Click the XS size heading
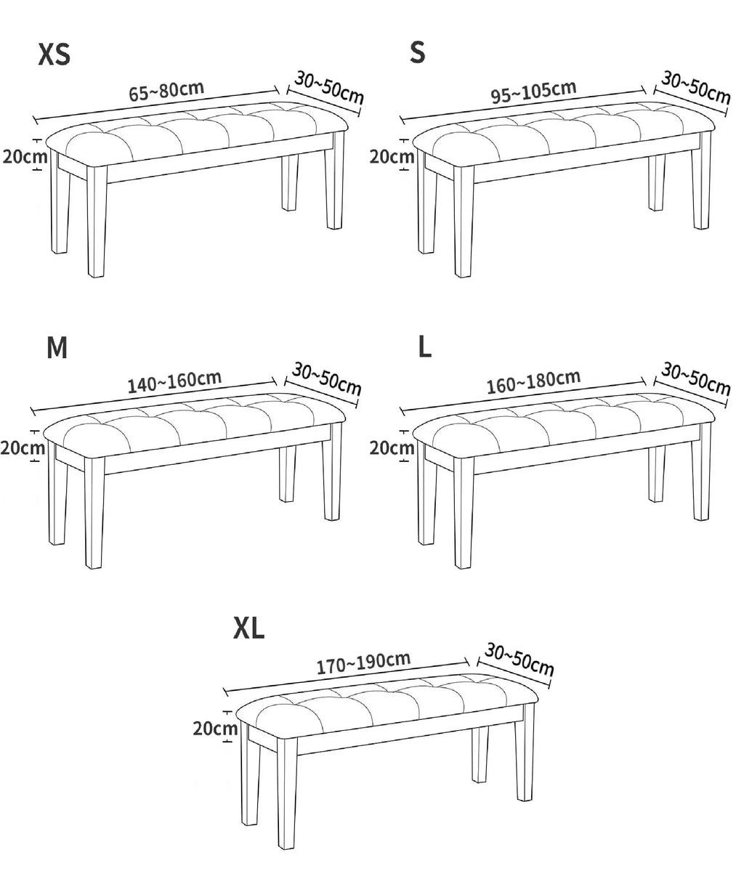pyautogui.click(x=54, y=54)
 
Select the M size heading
pyautogui.click(x=57, y=348)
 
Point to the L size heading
pyautogui.click(x=424, y=347)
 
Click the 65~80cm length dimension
pyautogui.click(x=166, y=91)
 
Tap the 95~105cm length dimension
pyautogui.click(x=533, y=92)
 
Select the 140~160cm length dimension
pyautogui.click(x=174, y=381)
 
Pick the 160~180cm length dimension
pyautogui.click(x=533, y=381)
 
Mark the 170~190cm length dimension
pyautogui.click(x=363, y=663)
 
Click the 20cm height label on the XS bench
pyautogui.click(x=25, y=156)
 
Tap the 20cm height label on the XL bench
pyautogui.click(x=215, y=728)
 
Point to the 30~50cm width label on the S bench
pyautogui.click(x=695, y=88)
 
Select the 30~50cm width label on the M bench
pyautogui.click(x=326, y=379)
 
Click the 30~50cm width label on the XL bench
pyautogui.click(x=519, y=659)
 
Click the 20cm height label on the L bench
pyautogui.click(x=392, y=447)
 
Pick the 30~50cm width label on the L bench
pyautogui.click(x=695, y=379)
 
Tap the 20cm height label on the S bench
pyautogui.click(x=392, y=157)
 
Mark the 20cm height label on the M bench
pyautogui.click(x=23, y=447)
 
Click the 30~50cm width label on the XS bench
pyautogui.click(x=329, y=87)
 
